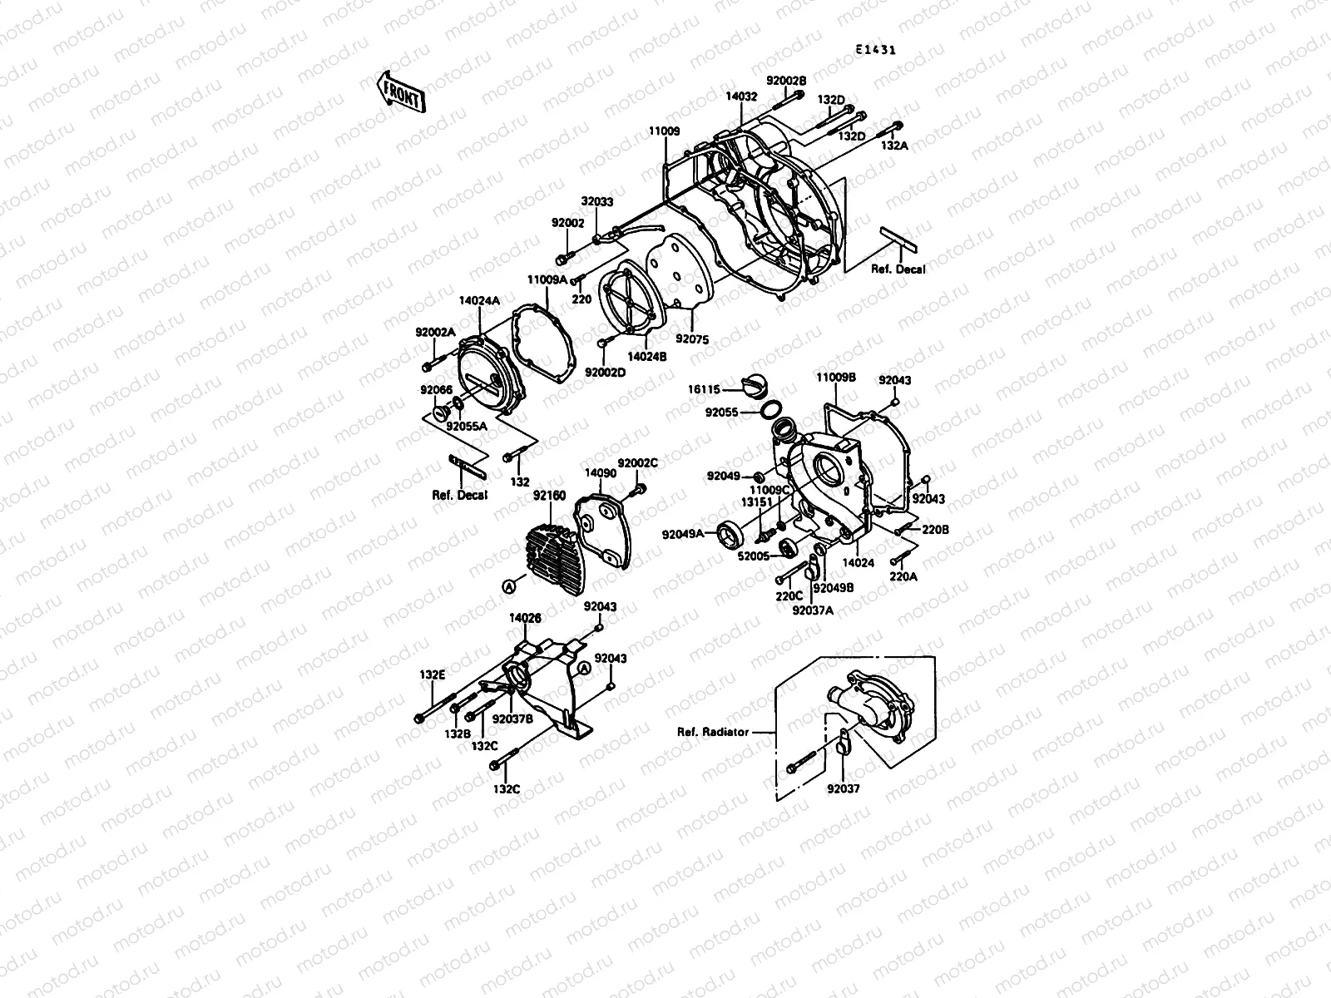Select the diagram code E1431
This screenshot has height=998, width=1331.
876,49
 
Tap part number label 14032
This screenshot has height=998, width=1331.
741,96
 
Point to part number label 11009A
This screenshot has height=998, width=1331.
546,279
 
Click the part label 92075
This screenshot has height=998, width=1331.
691,339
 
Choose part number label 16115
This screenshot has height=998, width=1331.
704,388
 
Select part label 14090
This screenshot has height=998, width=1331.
600,472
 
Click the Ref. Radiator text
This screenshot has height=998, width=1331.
712,733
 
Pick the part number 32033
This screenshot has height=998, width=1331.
596,201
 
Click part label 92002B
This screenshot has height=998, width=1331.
786,81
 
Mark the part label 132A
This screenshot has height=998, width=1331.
895,145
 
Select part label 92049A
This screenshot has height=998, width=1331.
683,534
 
